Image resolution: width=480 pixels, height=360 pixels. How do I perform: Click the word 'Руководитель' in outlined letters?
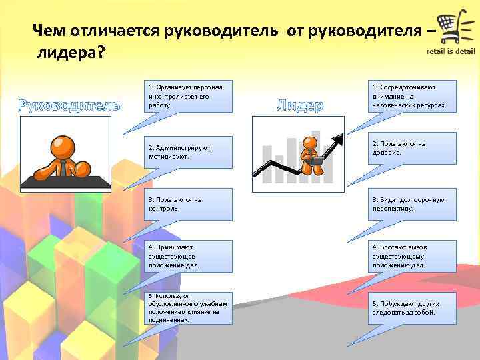point(69,105)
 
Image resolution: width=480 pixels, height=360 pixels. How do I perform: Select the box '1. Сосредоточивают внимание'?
point(413,96)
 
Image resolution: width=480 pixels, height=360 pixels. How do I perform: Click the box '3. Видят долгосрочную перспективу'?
point(413,203)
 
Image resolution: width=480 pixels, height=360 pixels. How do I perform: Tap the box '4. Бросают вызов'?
point(413,256)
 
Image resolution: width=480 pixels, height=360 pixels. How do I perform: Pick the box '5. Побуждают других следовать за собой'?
point(413,308)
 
